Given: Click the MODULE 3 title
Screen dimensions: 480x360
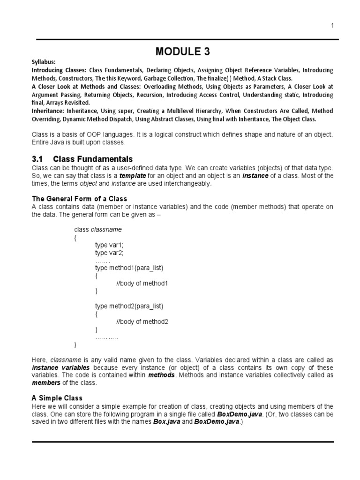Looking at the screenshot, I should [182, 50].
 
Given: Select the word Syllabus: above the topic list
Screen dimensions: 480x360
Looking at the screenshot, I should [44, 62].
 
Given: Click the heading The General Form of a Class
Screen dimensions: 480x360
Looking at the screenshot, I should [79, 199].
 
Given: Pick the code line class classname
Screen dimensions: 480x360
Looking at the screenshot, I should [98, 230].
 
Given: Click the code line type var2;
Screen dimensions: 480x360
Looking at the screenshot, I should [109, 253].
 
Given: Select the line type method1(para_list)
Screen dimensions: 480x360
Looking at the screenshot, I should [129, 268].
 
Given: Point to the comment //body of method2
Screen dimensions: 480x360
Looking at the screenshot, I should [142, 322].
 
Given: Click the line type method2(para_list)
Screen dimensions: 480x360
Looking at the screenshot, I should [129, 306].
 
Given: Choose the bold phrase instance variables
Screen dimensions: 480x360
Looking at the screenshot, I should [60, 367].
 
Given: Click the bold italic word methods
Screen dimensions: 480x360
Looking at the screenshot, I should [162, 375].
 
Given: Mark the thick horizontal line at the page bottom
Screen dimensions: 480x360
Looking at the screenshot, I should [182, 442].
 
